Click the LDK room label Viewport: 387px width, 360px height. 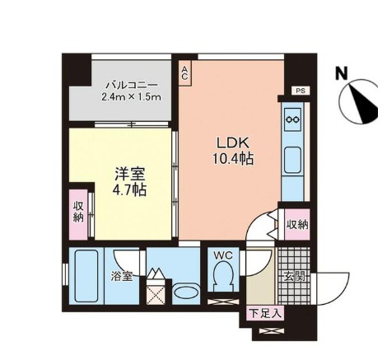[233, 143]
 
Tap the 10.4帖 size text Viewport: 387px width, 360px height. [233, 158]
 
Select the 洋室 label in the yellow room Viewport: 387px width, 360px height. [130, 174]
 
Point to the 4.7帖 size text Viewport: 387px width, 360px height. [129, 189]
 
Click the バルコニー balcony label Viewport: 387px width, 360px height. [132, 85]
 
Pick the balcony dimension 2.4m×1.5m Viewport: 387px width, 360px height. [131, 97]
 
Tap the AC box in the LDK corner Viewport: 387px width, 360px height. [185, 73]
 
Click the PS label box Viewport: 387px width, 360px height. [301, 91]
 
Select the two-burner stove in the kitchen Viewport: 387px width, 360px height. [292, 119]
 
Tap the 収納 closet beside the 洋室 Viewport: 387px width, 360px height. [78, 214]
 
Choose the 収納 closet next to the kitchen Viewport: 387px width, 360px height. [297, 225]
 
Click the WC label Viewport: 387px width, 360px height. [223, 255]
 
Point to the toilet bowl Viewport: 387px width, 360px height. [223, 275]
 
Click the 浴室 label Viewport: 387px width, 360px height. [122, 276]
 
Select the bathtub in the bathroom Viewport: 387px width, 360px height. [86, 276]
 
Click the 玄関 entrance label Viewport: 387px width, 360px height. [295, 276]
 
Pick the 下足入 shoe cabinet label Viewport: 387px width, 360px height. [265, 313]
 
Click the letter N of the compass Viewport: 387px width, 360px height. [342, 73]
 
